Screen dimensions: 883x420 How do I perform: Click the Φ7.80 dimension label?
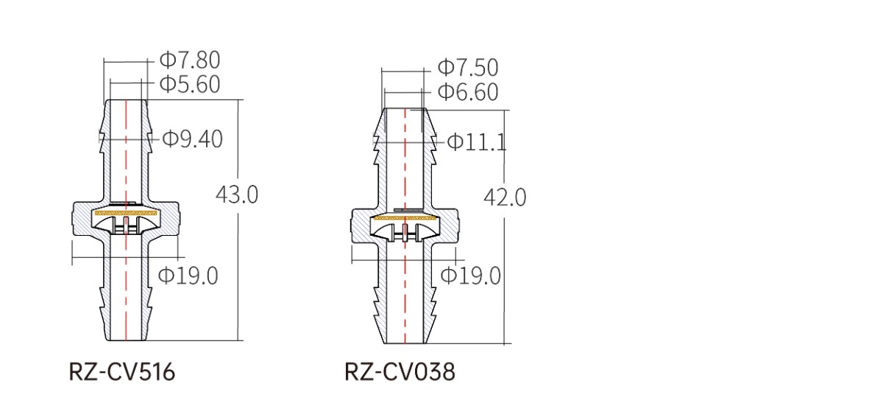(x=190, y=60)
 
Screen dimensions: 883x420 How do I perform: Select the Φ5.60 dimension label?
(x=190, y=85)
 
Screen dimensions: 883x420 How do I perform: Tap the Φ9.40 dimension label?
(x=192, y=139)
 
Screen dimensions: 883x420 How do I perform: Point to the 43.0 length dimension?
(x=236, y=195)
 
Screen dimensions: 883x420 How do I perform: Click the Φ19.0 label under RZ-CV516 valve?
(x=188, y=276)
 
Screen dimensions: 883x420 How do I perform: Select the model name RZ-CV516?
(x=122, y=372)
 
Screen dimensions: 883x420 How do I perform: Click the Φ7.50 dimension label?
(x=468, y=68)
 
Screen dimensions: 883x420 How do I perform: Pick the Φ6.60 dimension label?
(x=468, y=91)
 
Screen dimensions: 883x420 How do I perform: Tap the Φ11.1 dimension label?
(x=477, y=142)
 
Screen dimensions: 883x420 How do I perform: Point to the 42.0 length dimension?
(x=505, y=197)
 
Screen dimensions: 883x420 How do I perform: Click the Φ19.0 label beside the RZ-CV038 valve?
(x=471, y=276)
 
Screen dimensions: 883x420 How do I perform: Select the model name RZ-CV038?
(x=400, y=372)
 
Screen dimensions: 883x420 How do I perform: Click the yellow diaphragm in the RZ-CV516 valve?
(x=126, y=213)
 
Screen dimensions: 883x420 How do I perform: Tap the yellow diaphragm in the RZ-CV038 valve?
(x=405, y=217)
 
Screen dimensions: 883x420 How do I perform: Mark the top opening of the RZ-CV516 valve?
(x=126, y=100)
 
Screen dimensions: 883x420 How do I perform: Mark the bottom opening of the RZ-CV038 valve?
(x=405, y=343)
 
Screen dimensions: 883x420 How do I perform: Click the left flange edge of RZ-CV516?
(x=73, y=220)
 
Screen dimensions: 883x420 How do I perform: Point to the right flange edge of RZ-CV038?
(x=458, y=225)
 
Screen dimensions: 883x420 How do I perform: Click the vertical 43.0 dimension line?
(x=238, y=220)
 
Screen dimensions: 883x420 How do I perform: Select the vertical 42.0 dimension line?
(x=505, y=227)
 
